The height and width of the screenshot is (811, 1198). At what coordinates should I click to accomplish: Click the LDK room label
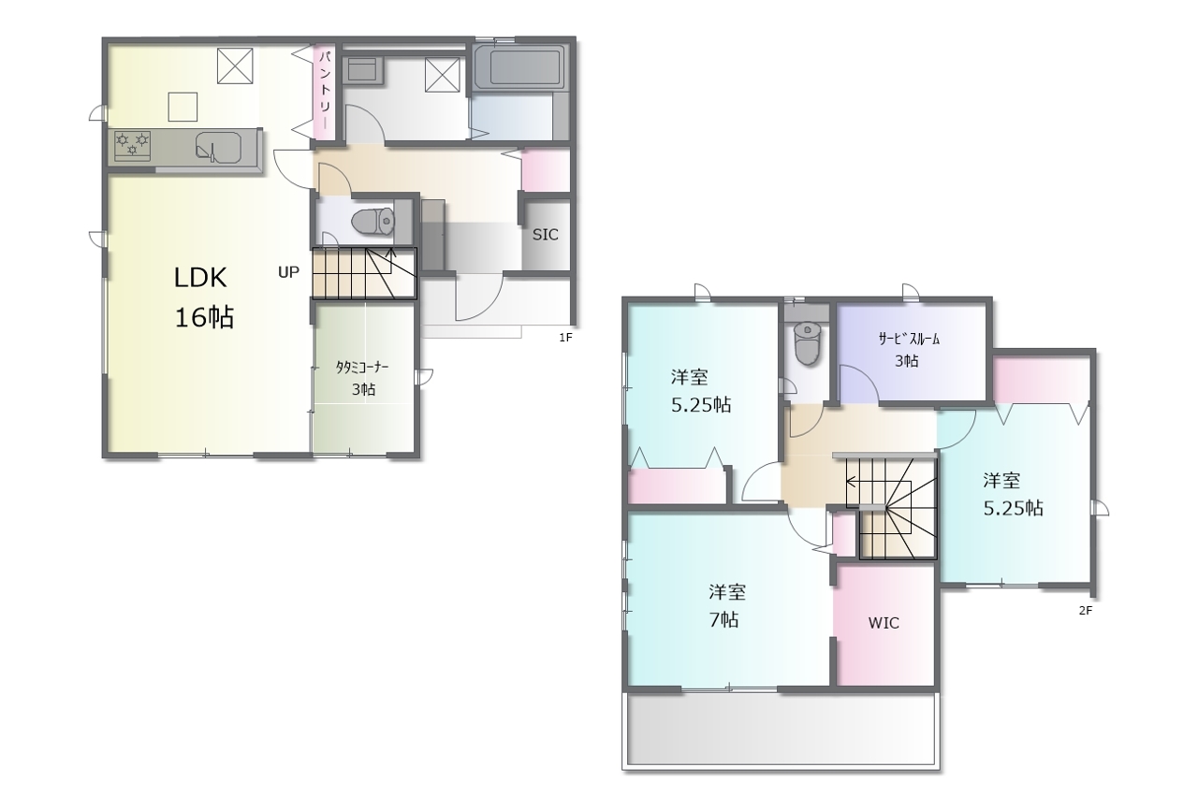(200, 278)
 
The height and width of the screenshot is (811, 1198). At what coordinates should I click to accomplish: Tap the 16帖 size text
(204, 318)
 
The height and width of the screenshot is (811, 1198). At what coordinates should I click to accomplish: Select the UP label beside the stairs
(288, 272)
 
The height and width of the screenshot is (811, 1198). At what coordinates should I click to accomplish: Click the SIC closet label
(545, 234)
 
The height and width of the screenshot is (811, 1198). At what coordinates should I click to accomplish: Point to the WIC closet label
(884, 623)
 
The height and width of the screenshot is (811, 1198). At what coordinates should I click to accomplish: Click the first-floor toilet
(373, 221)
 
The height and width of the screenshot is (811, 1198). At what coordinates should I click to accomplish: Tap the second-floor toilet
(807, 342)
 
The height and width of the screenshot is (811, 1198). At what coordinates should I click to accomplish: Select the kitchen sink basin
(218, 147)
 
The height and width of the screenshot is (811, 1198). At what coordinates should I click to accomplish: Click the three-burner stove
(132, 145)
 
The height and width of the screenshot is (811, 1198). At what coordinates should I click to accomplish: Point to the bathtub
(518, 69)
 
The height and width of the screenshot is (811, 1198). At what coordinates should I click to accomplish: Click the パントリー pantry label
(324, 89)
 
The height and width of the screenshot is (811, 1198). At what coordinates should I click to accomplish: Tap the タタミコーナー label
(362, 368)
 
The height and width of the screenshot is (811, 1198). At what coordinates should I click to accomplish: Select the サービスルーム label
(909, 339)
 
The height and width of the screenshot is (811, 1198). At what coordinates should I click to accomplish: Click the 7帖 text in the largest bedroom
(724, 619)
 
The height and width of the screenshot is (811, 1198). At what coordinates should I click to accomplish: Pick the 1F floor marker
(565, 338)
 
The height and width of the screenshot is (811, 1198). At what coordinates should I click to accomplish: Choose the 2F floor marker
(1085, 610)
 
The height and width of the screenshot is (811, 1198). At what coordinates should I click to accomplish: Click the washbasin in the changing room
(362, 70)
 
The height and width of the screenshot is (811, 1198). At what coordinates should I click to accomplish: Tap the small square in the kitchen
(183, 107)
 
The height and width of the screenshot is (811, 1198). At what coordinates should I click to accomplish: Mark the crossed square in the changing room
(443, 75)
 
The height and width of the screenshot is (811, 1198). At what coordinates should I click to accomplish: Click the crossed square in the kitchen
(235, 65)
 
